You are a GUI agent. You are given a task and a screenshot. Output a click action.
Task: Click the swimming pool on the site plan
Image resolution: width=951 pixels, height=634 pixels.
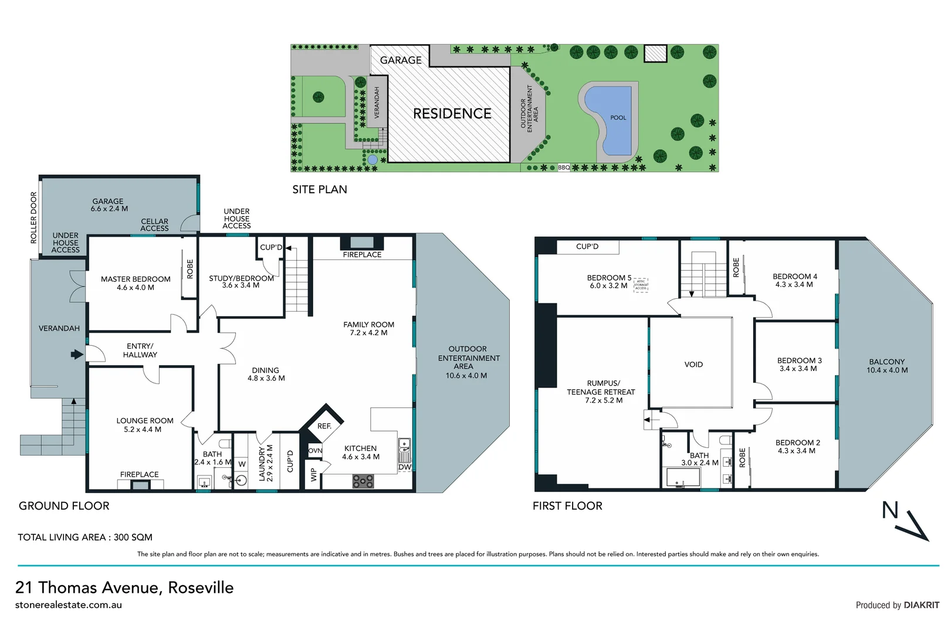point(613,120)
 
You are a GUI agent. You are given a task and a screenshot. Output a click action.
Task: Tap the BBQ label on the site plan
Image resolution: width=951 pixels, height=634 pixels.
point(563,167)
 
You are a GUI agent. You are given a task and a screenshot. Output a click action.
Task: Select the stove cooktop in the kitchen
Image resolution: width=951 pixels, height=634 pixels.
point(363,481)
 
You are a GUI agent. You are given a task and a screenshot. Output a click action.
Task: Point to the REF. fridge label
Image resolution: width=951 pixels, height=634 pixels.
point(324,426)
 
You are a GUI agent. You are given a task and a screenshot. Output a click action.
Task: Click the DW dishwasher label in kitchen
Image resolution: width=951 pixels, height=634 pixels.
point(404,467)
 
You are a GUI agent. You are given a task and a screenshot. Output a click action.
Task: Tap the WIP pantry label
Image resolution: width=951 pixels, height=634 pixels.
point(314,474)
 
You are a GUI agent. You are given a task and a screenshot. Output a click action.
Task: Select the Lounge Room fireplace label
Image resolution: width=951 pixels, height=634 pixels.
point(139,474)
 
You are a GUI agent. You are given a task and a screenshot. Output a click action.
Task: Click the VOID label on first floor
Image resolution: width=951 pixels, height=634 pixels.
point(693,365)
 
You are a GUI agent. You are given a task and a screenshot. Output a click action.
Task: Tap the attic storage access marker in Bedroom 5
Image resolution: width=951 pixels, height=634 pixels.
point(641,285)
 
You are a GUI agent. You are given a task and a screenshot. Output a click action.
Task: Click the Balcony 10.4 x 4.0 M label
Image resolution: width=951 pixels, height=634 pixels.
point(886,366)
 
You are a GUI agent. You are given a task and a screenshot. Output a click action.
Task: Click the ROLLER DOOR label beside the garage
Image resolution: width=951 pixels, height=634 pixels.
point(33,217)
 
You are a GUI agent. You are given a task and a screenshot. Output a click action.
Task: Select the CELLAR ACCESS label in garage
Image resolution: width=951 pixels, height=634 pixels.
point(154,225)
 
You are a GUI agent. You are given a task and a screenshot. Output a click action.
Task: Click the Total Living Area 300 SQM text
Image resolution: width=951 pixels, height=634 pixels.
point(85,537)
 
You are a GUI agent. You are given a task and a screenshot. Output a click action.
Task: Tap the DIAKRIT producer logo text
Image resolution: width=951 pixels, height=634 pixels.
point(921,605)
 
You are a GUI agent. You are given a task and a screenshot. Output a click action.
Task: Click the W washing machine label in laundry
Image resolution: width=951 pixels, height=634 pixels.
point(242,464)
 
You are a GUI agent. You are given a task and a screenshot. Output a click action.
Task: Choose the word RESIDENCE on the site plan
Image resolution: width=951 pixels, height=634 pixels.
point(452,113)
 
